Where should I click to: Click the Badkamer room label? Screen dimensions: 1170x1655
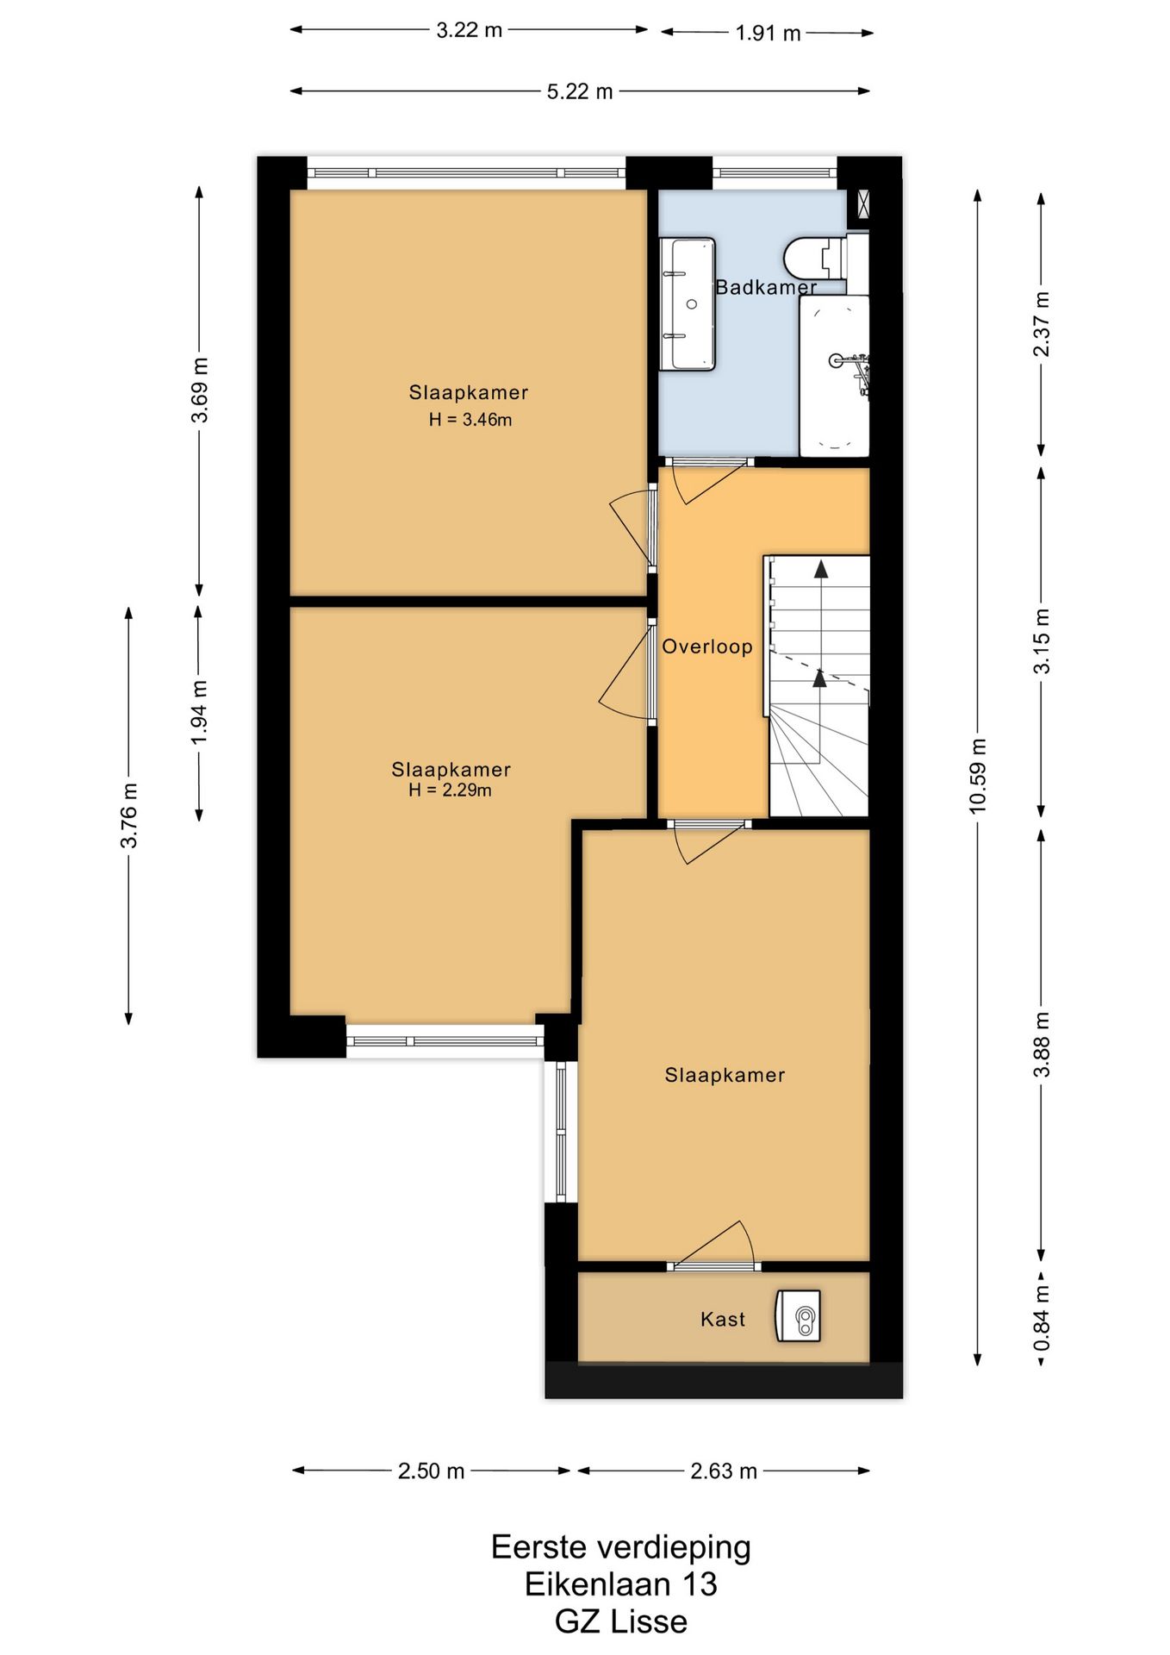[x=766, y=287]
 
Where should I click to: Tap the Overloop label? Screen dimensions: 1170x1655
[x=707, y=646]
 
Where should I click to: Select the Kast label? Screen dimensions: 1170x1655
[x=723, y=1319]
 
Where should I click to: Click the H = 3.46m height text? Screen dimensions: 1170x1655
[x=470, y=420]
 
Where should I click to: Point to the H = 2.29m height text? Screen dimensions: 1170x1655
[x=450, y=790]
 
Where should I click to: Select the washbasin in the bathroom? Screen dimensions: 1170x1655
[x=688, y=304]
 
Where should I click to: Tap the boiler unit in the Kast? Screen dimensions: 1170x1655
[x=798, y=1315]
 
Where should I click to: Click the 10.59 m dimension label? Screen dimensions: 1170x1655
[x=978, y=776]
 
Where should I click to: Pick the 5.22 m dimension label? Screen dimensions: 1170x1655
[x=580, y=91]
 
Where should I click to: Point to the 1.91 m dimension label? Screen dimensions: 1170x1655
[x=768, y=34]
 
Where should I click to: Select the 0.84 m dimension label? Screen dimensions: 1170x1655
[x=1042, y=1319]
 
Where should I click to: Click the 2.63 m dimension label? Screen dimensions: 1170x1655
[x=724, y=1471]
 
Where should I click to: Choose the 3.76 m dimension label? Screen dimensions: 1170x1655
[x=129, y=815]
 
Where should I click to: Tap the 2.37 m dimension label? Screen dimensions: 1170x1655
[x=1042, y=324]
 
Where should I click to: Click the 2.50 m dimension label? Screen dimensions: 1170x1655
[x=431, y=1471]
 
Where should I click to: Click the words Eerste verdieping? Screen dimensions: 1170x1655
[x=621, y=1548]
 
